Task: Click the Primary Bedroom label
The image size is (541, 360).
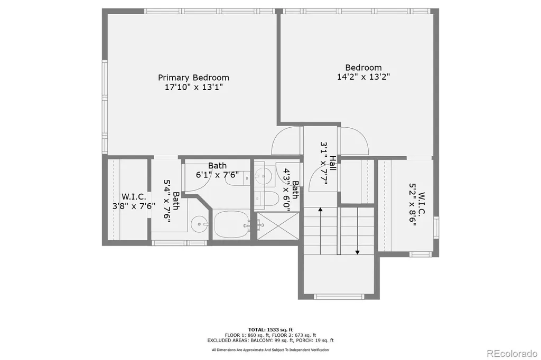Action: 193,78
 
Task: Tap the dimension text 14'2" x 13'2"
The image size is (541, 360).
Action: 363,77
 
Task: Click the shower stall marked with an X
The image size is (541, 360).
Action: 278,225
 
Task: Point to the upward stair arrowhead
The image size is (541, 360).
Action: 320,209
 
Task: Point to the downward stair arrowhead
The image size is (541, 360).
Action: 358,252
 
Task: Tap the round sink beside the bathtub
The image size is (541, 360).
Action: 199,224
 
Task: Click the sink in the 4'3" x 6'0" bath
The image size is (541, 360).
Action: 264,176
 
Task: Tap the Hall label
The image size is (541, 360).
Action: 333,163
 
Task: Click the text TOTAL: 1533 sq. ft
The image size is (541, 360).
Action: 270,330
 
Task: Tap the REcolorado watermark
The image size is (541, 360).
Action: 512,353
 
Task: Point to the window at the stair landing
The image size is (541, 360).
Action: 339,296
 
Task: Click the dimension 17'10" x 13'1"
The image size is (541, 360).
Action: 193,87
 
